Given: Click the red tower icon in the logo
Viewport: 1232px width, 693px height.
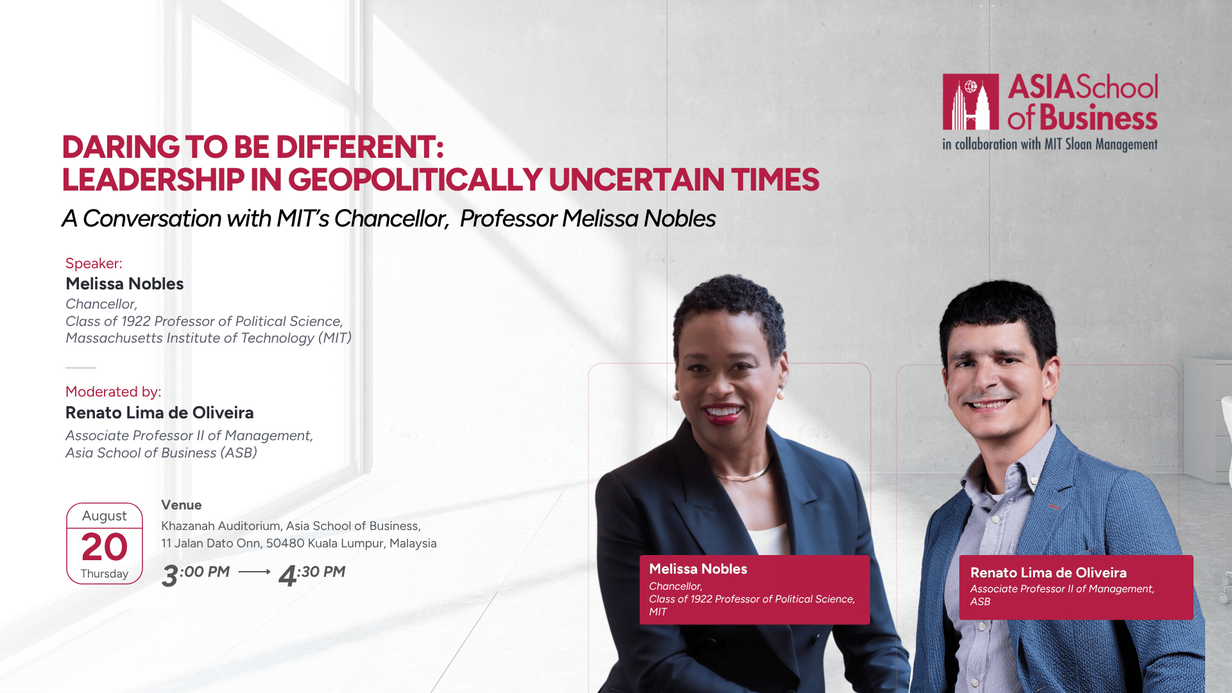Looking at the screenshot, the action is pos(970,101).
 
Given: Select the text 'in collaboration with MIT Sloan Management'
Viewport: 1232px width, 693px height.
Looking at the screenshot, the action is pos(1050,144).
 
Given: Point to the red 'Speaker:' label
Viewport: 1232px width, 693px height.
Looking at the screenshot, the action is pos(94,263).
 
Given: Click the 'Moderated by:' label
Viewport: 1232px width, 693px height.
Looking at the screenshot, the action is pos(113,391).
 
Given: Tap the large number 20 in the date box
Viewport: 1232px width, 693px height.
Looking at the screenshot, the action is pos(105,547).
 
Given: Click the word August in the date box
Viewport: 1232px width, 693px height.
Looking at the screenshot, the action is pos(105,516).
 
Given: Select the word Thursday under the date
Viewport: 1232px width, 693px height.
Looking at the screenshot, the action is pos(105,574).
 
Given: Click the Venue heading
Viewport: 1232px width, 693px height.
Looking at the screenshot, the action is pos(182,505).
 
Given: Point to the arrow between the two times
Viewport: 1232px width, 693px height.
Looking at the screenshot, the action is pos(254,572).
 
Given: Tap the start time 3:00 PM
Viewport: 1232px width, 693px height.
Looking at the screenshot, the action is pos(196,574).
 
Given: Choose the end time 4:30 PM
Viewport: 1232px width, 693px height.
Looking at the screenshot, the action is pos(312,574).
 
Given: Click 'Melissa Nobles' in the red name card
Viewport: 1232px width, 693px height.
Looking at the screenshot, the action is pos(698,569).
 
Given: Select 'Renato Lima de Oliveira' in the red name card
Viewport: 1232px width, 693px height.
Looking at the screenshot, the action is pos(1048,573).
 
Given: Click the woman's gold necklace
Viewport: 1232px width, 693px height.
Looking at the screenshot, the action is pos(744,475).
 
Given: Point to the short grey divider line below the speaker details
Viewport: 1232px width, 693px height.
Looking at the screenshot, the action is pos(81,368).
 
